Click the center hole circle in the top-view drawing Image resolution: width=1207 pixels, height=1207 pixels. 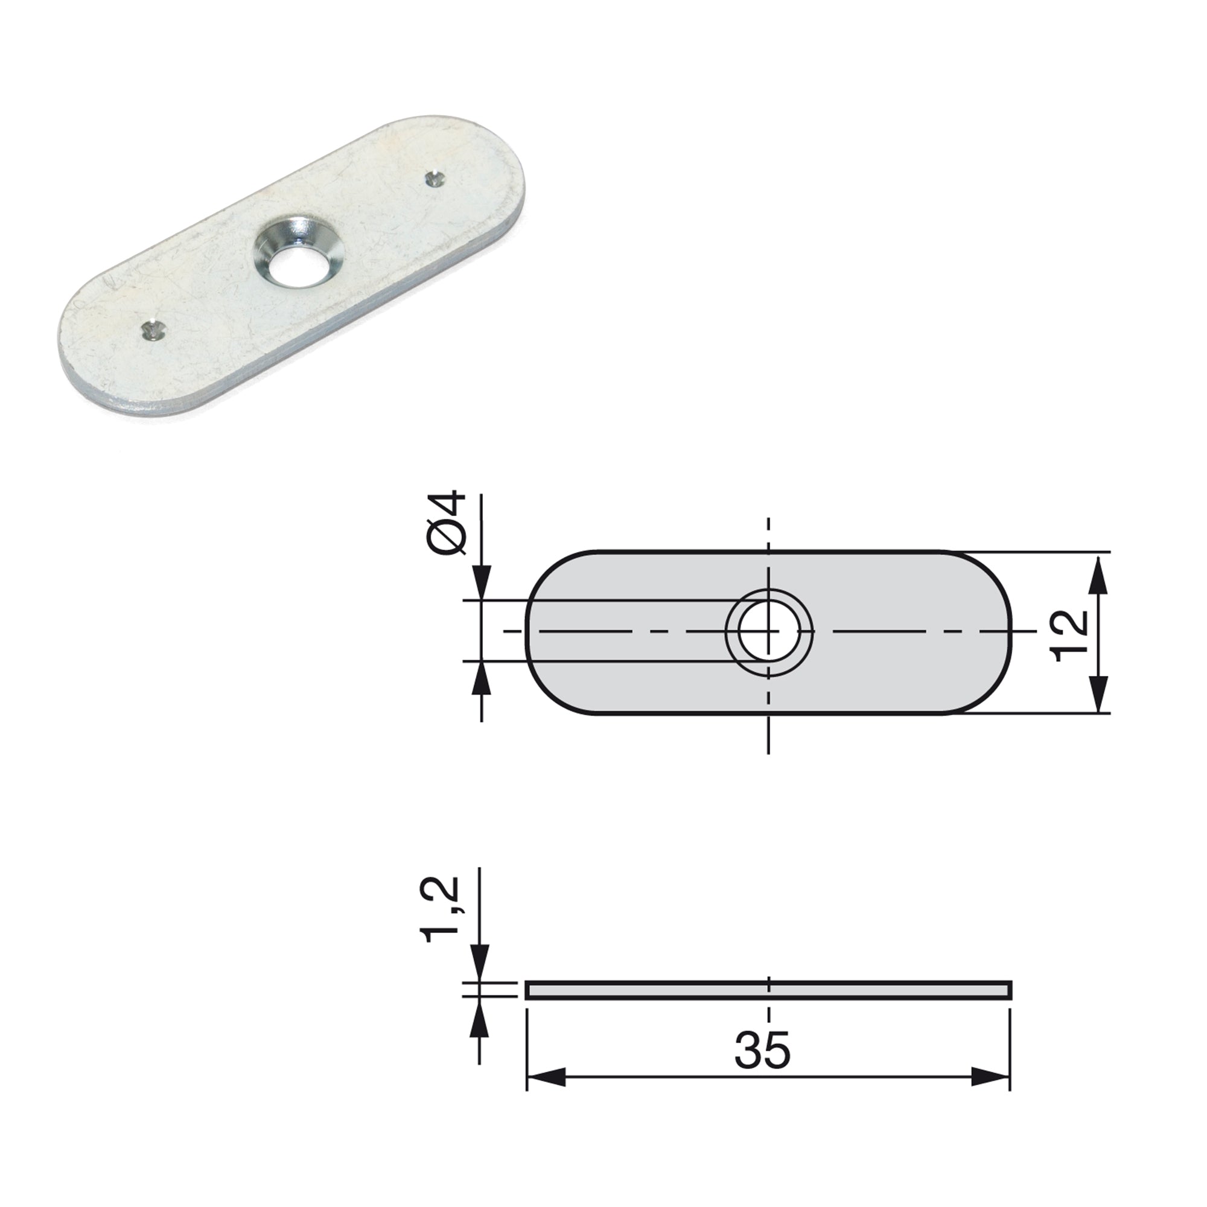point(768,631)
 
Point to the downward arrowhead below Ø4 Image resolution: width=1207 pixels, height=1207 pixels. point(482,584)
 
